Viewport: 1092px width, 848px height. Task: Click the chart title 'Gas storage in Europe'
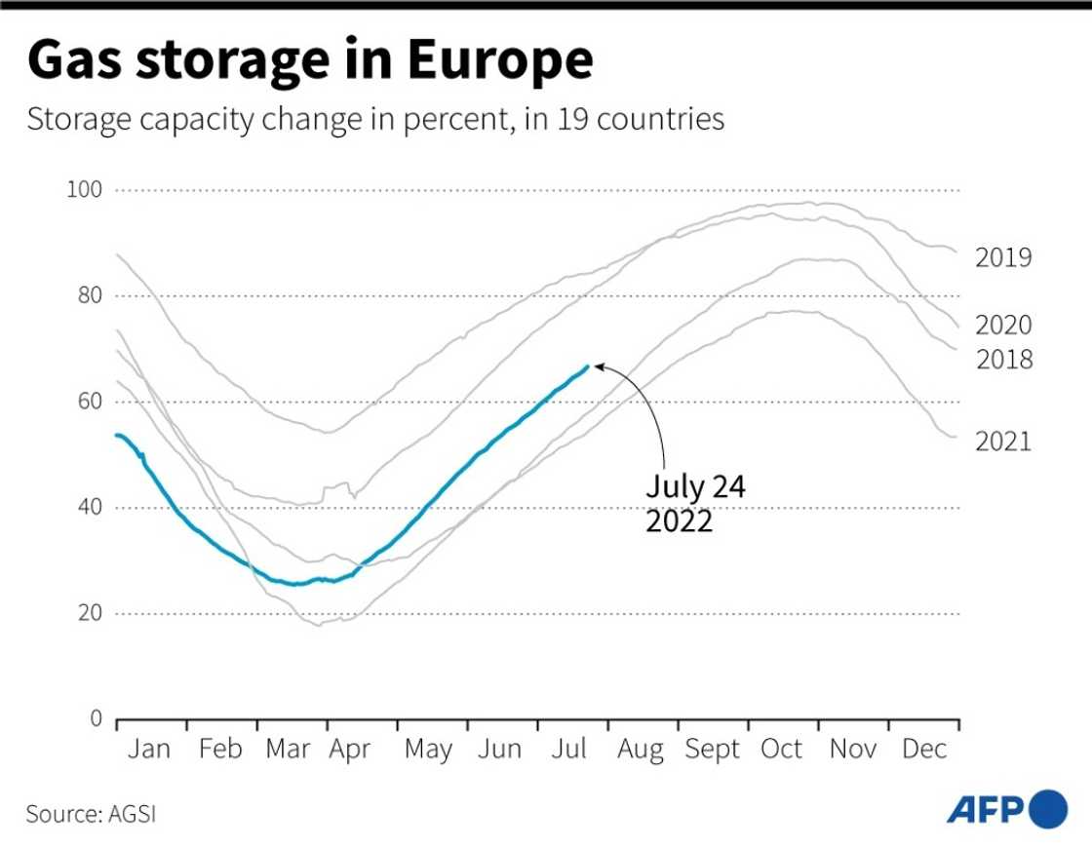pos(310,60)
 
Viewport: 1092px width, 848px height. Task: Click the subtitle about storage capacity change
pos(375,120)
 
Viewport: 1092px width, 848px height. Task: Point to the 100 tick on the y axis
pos(84,189)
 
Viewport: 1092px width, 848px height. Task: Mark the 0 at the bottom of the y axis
pos(96,719)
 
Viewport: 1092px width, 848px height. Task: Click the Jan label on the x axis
pos(149,749)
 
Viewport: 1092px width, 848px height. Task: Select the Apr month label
pos(348,751)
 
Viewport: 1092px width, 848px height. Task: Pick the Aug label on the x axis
pos(640,751)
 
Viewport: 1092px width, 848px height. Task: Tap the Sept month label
pos(712,751)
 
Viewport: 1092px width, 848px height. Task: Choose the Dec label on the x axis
pos(922,749)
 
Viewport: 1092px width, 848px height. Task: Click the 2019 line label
pos(1003,258)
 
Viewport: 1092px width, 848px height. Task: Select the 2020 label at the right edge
pos(1003,326)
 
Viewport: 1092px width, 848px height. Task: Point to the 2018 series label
pos(1003,360)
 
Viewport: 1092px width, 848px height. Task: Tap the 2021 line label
pos(1003,442)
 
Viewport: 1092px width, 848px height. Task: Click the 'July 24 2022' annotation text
pos(695,503)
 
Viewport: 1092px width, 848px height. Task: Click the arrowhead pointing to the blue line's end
pos(599,367)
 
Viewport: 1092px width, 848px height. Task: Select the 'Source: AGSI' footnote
pos(91,814)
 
